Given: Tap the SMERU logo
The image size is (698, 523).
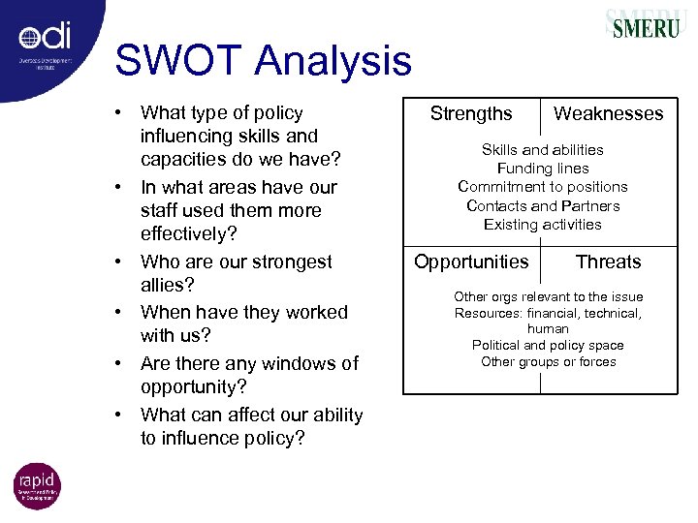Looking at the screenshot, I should [x=645, y=25].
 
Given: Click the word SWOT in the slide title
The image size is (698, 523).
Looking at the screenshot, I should [x=178, y=61].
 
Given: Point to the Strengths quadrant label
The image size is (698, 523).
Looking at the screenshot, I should [x=471, y=114].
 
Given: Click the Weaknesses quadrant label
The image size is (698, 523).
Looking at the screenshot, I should [x=608, y=114].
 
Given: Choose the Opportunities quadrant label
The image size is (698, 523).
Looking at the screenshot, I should [x=471, y=261].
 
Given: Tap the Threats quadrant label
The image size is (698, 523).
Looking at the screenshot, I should [x=608, y=261].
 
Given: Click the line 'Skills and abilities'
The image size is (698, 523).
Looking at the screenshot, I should [x=542, y=149].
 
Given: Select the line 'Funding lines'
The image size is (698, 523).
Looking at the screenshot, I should [x=542, y=168].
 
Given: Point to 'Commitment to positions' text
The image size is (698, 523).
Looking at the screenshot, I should [x=542, y=186].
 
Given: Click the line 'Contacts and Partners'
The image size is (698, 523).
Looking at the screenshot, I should [x=542, y=205].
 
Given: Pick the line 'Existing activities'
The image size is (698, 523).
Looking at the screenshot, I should [x=542, y=224].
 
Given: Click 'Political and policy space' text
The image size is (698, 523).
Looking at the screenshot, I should [x=548, y=345].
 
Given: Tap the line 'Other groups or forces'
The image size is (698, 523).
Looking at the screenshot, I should [x=548, y=361].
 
